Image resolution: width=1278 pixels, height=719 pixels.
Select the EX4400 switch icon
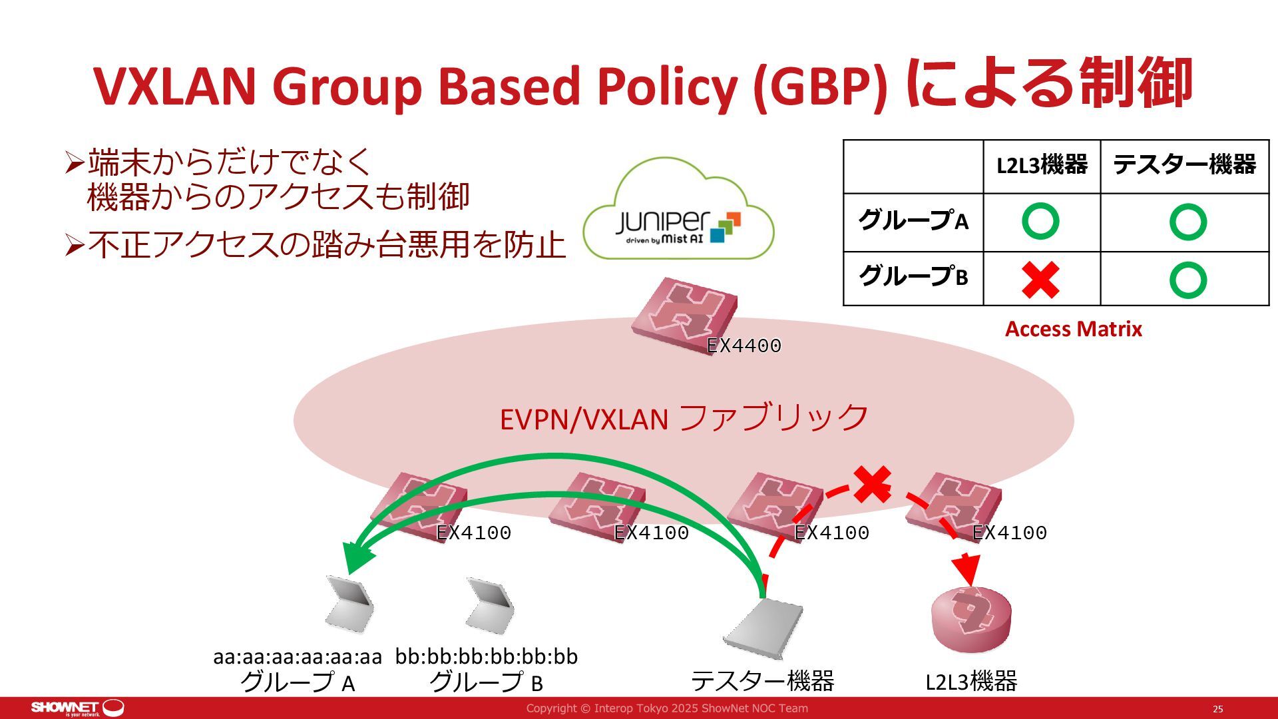pos(684,314)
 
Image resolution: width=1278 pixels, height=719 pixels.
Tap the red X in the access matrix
pos(1040,280)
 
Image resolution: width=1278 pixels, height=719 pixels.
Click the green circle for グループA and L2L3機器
pos(1040,222)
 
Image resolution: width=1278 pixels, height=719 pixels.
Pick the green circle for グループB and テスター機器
pos(1187,280)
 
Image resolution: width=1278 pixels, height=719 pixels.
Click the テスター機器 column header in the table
pos(1184,165)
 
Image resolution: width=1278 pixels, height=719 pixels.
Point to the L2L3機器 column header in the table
pos(1042,165)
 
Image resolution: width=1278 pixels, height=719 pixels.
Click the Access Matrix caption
pos(1073,329)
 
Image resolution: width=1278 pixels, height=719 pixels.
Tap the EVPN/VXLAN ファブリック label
pos(684,419)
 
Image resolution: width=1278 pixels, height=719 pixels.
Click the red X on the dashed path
pos(872,484)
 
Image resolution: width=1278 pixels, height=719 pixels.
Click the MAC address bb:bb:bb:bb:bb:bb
pos(487,656)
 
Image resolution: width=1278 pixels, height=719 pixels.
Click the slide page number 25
pos(1217,709)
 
